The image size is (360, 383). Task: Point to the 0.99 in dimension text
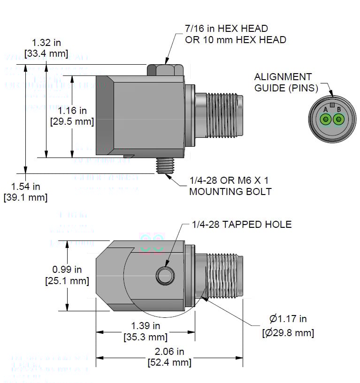point(67,270)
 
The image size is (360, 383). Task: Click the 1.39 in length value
point(146,326)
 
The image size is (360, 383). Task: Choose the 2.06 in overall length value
point(169,352)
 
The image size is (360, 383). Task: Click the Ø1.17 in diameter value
point(288,319)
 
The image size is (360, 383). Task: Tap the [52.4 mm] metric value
point(169,362)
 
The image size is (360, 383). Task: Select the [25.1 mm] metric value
point(67,281)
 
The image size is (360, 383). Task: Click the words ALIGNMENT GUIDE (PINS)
point(283,82)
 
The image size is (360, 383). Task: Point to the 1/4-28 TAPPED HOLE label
point(242,225)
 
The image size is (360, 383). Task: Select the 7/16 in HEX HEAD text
point(227,29)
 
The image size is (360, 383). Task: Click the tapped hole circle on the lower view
point(165,276)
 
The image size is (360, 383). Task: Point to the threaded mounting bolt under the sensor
point(165,165)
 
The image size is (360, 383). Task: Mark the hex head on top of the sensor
point(165,70)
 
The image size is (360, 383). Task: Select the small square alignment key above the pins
point(332,105)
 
